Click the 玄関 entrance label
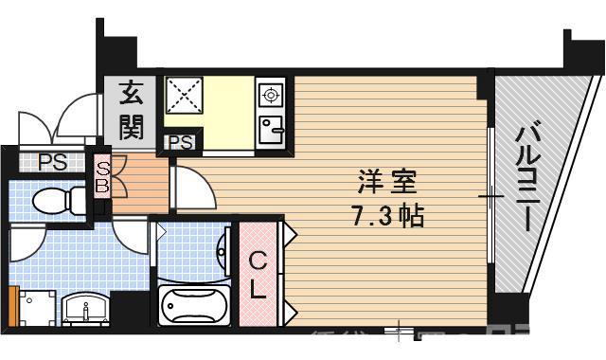(132, 110)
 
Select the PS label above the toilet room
(53, 161)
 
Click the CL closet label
(257, 274)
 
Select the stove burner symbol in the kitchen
(271, 95)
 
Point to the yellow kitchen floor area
(227, 109)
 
